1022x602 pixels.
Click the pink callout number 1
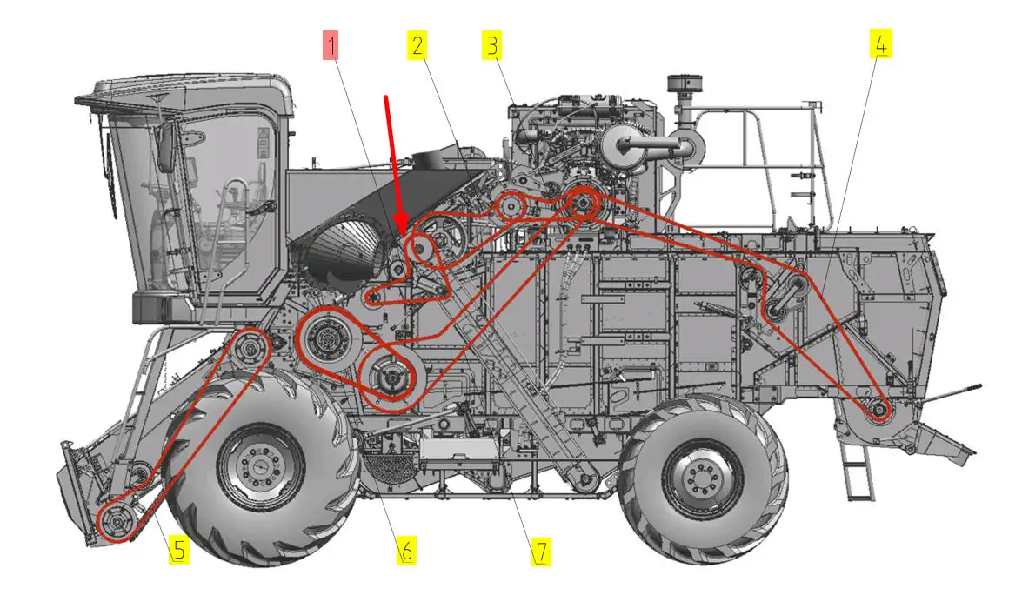[331, 45]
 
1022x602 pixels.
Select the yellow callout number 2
[417, 45]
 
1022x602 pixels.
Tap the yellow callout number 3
[492, 45]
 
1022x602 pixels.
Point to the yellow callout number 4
[880, 44]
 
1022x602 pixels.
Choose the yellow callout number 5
[179, 550]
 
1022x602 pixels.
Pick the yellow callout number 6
[407, 551]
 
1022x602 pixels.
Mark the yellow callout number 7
[541, 552]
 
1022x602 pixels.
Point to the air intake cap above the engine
[685, 84]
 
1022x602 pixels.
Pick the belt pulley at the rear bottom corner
[878, 410]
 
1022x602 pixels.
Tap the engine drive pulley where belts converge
[581, 202]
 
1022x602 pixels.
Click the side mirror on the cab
[165, 146]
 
